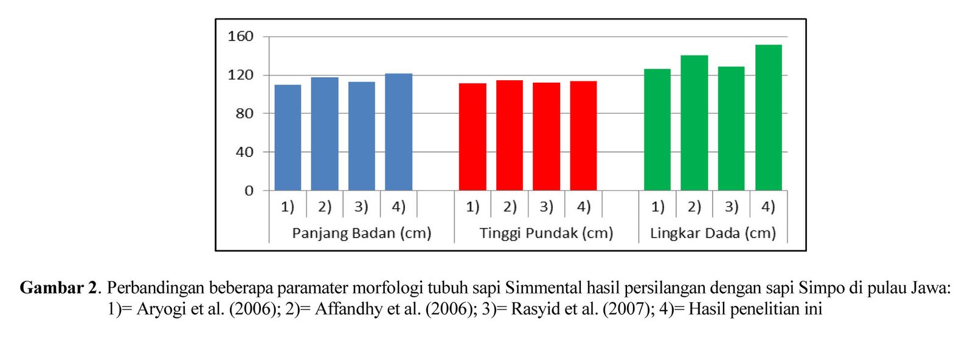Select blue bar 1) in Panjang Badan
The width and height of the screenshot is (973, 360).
click(288, 137)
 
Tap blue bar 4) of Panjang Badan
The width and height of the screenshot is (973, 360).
click(398, 132)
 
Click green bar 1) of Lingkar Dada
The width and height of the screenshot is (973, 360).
click(657, 130)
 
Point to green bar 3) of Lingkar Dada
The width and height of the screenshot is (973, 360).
click(731, 128)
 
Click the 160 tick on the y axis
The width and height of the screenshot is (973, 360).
click(240, 36)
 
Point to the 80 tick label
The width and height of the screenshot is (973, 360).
click(244, 113)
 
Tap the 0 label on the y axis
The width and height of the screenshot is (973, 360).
click(249, 191)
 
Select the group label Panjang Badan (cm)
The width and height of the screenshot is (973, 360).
click(361, 233)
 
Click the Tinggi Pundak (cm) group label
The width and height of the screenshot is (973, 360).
click(546, 233)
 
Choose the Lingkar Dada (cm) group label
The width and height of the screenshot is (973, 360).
click(713, 233)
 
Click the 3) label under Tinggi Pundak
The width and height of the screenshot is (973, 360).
click(547, 207)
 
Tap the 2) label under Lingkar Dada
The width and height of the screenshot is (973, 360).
click(694, 207)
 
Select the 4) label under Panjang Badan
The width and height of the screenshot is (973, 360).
click(398, 207)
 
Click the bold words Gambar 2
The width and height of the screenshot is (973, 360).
click(58, 287)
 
